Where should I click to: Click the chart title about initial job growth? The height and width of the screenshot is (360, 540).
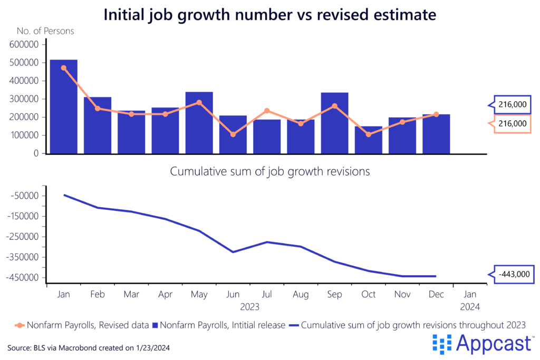(269, 14)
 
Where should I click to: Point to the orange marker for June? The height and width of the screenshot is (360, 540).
(233, 134)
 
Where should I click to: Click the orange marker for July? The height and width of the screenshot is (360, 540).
(267, 111)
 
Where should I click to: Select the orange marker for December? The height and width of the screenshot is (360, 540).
(436, 114)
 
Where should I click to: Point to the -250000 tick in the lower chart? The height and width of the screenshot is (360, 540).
(24, 237)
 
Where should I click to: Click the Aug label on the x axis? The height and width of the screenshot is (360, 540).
(301, 294)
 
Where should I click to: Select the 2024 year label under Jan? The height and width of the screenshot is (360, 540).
(470, 305)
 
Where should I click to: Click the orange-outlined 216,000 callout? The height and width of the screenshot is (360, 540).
(513, 123)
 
